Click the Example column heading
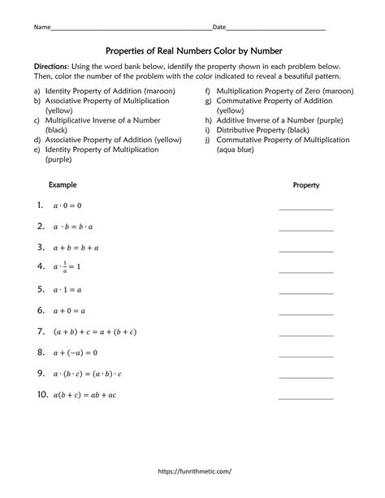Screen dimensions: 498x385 (x=63, y=184)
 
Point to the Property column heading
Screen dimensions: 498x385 (x=305, y=185)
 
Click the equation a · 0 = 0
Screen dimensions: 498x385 (x=67, y=206)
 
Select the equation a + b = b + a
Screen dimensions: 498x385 (x=76, y=248)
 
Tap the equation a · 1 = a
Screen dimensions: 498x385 (x=67, y=289)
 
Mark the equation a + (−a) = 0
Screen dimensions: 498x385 (x=76, y=353)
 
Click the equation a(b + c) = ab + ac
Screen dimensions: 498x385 (x=85, y=395)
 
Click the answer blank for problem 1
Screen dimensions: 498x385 (x=305, y=208)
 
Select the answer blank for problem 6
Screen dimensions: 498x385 (x=305, y=314)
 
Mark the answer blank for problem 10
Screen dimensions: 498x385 (x=305, y=397)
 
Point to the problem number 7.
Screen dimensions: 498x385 (x=40, y=331)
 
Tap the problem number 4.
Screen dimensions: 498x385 (x=40, y=266)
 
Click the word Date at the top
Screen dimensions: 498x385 (x=219, y=28)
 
